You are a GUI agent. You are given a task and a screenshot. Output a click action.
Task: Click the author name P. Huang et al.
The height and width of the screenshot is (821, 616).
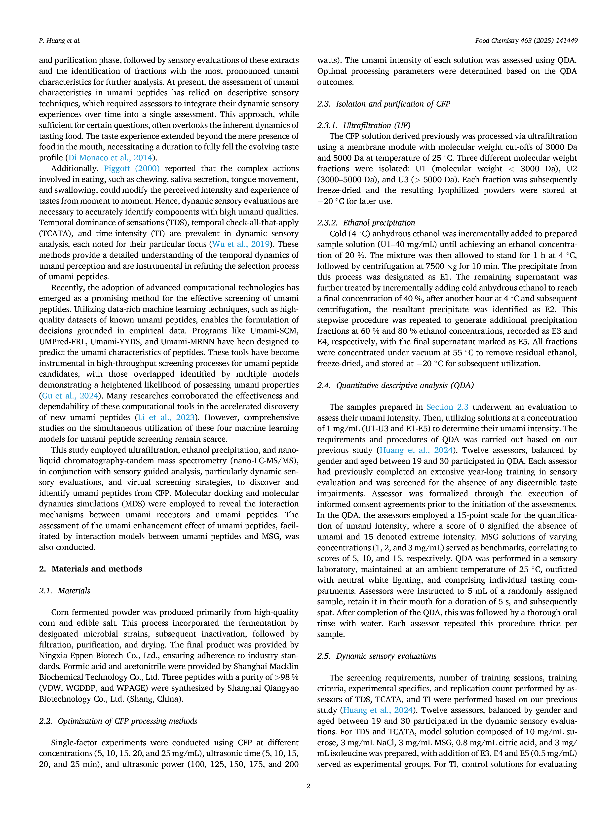pos(59,40)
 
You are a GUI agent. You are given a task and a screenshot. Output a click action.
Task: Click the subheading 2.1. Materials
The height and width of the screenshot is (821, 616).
pos(65,591)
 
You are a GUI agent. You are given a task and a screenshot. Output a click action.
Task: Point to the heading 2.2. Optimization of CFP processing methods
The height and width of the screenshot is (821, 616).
pos(118,721)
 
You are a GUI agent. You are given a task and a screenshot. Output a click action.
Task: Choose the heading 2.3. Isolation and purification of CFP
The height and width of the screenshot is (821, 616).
pos(384,104)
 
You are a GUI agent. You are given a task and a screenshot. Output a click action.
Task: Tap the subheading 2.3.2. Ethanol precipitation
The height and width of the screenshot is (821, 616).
pos(366,223)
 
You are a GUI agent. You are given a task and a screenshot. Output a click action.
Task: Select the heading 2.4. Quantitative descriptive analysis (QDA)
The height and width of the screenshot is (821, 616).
pos(395,385)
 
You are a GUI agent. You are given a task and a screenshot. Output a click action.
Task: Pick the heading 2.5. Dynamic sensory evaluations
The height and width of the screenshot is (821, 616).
pos(377,656)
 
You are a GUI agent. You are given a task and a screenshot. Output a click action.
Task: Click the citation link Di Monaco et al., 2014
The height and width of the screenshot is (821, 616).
pos(110,158)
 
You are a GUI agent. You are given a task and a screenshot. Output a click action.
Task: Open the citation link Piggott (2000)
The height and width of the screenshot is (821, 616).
pos(132,169)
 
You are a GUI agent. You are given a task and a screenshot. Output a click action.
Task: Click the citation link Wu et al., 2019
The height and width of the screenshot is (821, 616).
pos(241,244)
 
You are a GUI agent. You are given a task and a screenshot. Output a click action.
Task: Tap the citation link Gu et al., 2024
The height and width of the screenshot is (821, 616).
pos(70,396)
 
